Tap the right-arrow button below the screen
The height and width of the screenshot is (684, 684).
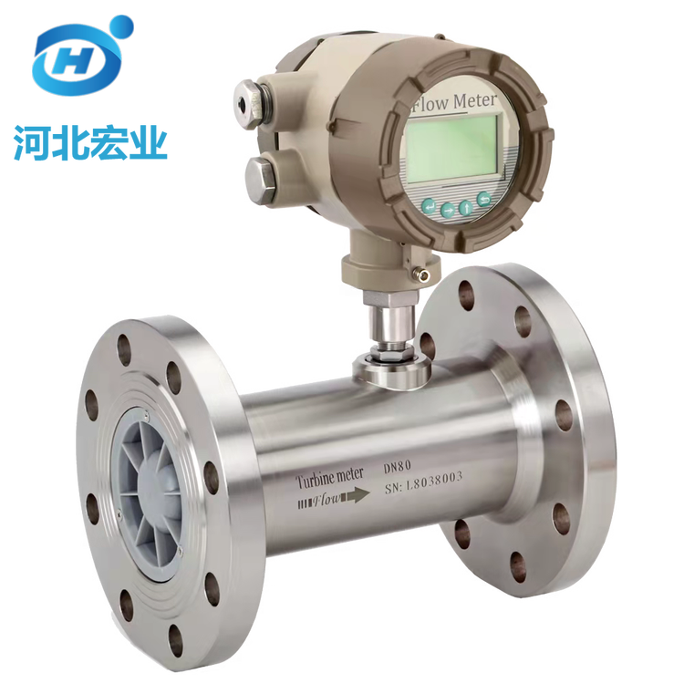click(448, 211)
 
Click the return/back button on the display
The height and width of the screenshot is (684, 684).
click(483, 200)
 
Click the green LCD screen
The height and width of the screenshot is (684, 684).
click(452, 147)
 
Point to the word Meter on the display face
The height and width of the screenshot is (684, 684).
click(474, 100)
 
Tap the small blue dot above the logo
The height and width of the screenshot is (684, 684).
click(120, 27)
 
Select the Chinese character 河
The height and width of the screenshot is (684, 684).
click(31, 142)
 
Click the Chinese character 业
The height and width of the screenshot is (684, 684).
click(149, 142)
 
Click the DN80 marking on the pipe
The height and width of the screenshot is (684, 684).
click(397, 467)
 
